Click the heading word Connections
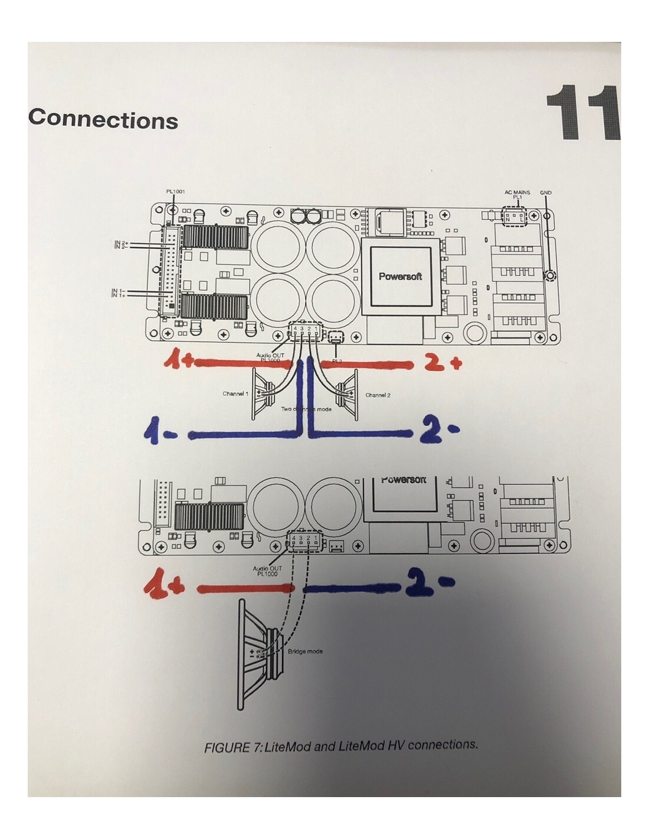tap(103, 119)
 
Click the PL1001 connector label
tap(175, 192)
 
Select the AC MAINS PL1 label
tap(517, 194)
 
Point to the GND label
tap(546, 193)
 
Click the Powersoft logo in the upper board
tap(400, 276)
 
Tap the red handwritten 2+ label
tap(443, 363)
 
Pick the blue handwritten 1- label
tap(160, 434)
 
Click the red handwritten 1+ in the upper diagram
tap(178, 359)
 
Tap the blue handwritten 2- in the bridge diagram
tap(430, 584)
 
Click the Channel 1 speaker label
tap(235, 394)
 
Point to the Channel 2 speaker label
tap(378, 395)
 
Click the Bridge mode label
tap(305, 651)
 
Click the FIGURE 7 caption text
tap(340, 746)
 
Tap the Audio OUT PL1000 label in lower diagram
tap(267, 571)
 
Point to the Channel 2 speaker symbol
tap(347, 391)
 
